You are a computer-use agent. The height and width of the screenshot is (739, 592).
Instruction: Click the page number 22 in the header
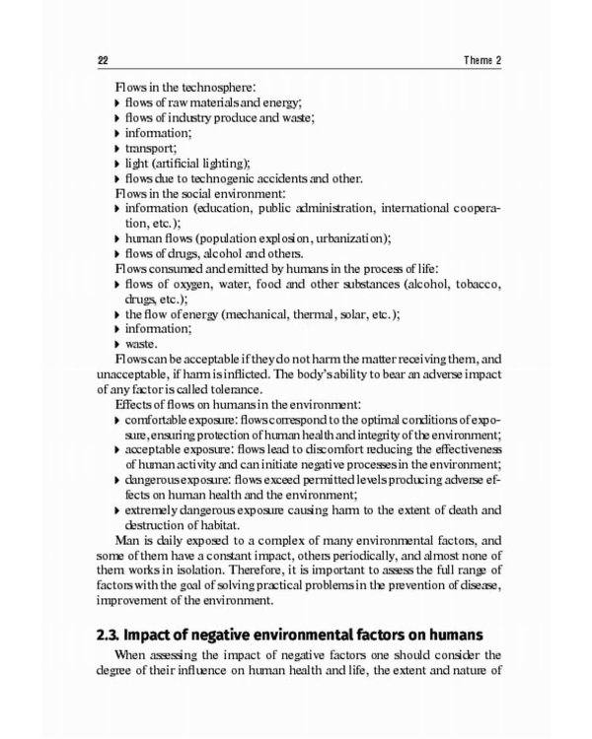(x=103, y=61)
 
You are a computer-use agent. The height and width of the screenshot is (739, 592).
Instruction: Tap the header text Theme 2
(x=483, y=61)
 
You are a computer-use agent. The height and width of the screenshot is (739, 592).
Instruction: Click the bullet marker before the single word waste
(x=118, y=345)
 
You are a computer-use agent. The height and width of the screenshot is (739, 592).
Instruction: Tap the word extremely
(x=157, y=509)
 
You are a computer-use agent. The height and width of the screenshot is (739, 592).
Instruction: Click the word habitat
(x=226, y=524)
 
